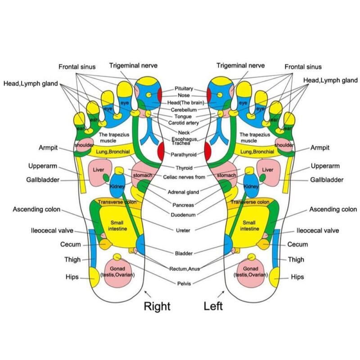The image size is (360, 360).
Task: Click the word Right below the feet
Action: pos(157,306)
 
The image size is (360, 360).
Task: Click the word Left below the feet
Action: pos(213,306)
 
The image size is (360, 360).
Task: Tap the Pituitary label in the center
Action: pos(184,89)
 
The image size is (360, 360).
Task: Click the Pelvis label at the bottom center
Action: pos(184,283)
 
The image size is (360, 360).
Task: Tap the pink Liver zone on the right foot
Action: pos(99,173)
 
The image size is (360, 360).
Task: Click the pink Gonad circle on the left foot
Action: pos(251,272)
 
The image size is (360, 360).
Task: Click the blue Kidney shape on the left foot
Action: pos(251,185)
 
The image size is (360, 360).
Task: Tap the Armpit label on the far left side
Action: pos(48,148)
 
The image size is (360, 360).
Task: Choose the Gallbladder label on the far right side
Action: pos(327,180)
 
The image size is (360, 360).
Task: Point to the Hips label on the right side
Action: pos(297,277)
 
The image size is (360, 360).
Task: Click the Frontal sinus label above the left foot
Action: pos(303,67)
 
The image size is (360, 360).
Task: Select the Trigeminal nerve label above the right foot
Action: pos(133,66)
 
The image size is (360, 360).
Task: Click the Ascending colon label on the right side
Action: pos(333,210)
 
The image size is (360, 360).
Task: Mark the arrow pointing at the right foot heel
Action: pos(147,294)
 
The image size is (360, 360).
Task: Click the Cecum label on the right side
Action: pos(298,244)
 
